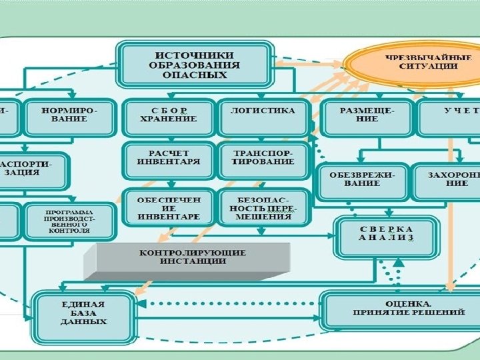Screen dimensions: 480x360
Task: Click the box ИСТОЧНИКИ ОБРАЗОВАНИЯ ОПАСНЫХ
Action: point(195,64)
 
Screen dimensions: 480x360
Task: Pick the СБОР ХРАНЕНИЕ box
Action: point(168,115)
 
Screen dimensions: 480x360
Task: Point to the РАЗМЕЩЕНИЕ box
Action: point(366,115)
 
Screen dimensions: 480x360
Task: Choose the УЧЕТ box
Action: point(449,115)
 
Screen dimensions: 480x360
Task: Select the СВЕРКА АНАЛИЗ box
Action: point(386,233)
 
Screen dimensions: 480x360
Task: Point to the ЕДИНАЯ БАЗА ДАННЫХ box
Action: point(83,312)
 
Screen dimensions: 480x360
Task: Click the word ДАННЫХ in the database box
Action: point(83,321)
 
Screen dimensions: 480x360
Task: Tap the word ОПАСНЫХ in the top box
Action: point(195,75)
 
